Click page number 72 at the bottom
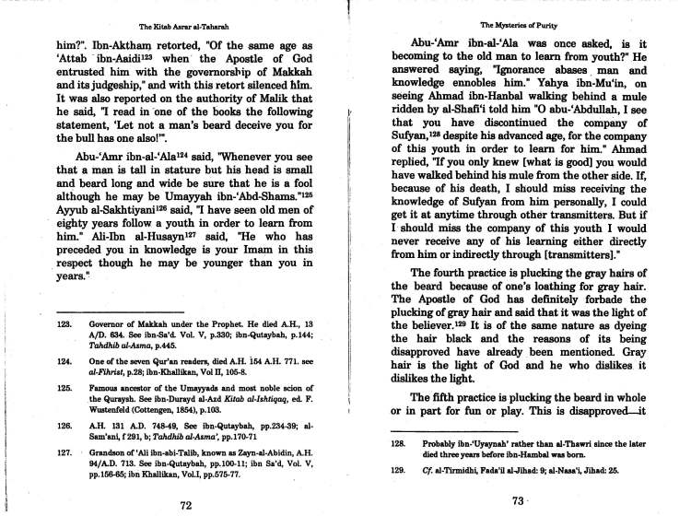[185, 505]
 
